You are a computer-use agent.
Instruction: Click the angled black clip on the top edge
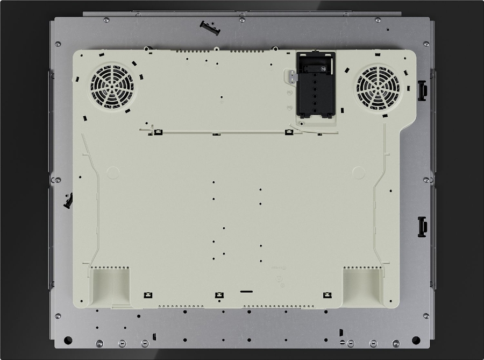(210, 27)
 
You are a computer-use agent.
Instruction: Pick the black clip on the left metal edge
(68, 201)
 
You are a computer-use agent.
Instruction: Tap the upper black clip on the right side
(422, 90)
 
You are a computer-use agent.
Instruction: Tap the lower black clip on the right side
(422, 226)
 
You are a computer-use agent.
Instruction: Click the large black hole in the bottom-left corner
(68, 340)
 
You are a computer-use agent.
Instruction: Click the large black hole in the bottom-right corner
(416, 340)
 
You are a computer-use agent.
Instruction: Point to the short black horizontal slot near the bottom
(246, 292)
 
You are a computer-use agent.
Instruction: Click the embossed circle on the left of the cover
(113, 172)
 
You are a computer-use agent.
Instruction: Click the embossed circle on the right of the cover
(359, 172)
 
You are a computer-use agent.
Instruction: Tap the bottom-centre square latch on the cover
(219, 295)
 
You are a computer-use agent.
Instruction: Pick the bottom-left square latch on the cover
(148, 295)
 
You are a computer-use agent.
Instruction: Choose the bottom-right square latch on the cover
(327, 295)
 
